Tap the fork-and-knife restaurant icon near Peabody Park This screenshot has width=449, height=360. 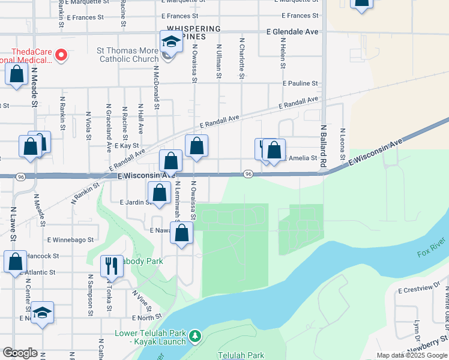point(111,265)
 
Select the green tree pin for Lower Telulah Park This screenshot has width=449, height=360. point(194,337)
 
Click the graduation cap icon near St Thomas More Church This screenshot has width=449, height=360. point(171,42)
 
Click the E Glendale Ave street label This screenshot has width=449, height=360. point(292,31)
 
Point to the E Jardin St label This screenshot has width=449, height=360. point(134,202)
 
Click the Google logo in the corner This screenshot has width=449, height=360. point(20,353)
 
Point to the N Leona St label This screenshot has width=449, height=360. point(342,145)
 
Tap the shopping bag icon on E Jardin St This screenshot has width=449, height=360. point(159,193)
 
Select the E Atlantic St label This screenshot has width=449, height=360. point(38,272)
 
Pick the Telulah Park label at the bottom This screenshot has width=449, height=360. point(241,355)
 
